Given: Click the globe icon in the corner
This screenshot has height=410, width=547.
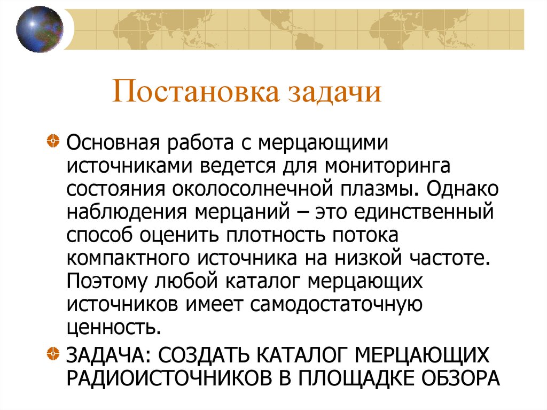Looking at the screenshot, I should (x=40, y=29).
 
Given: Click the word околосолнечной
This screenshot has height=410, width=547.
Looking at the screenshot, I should (x=256, y=189).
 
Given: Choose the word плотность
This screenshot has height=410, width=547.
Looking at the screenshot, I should (x=272, y=235).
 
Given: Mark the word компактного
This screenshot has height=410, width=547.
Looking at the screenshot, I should (x=129, y=258).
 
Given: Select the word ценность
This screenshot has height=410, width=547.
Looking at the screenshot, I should (x=114, y=327).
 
